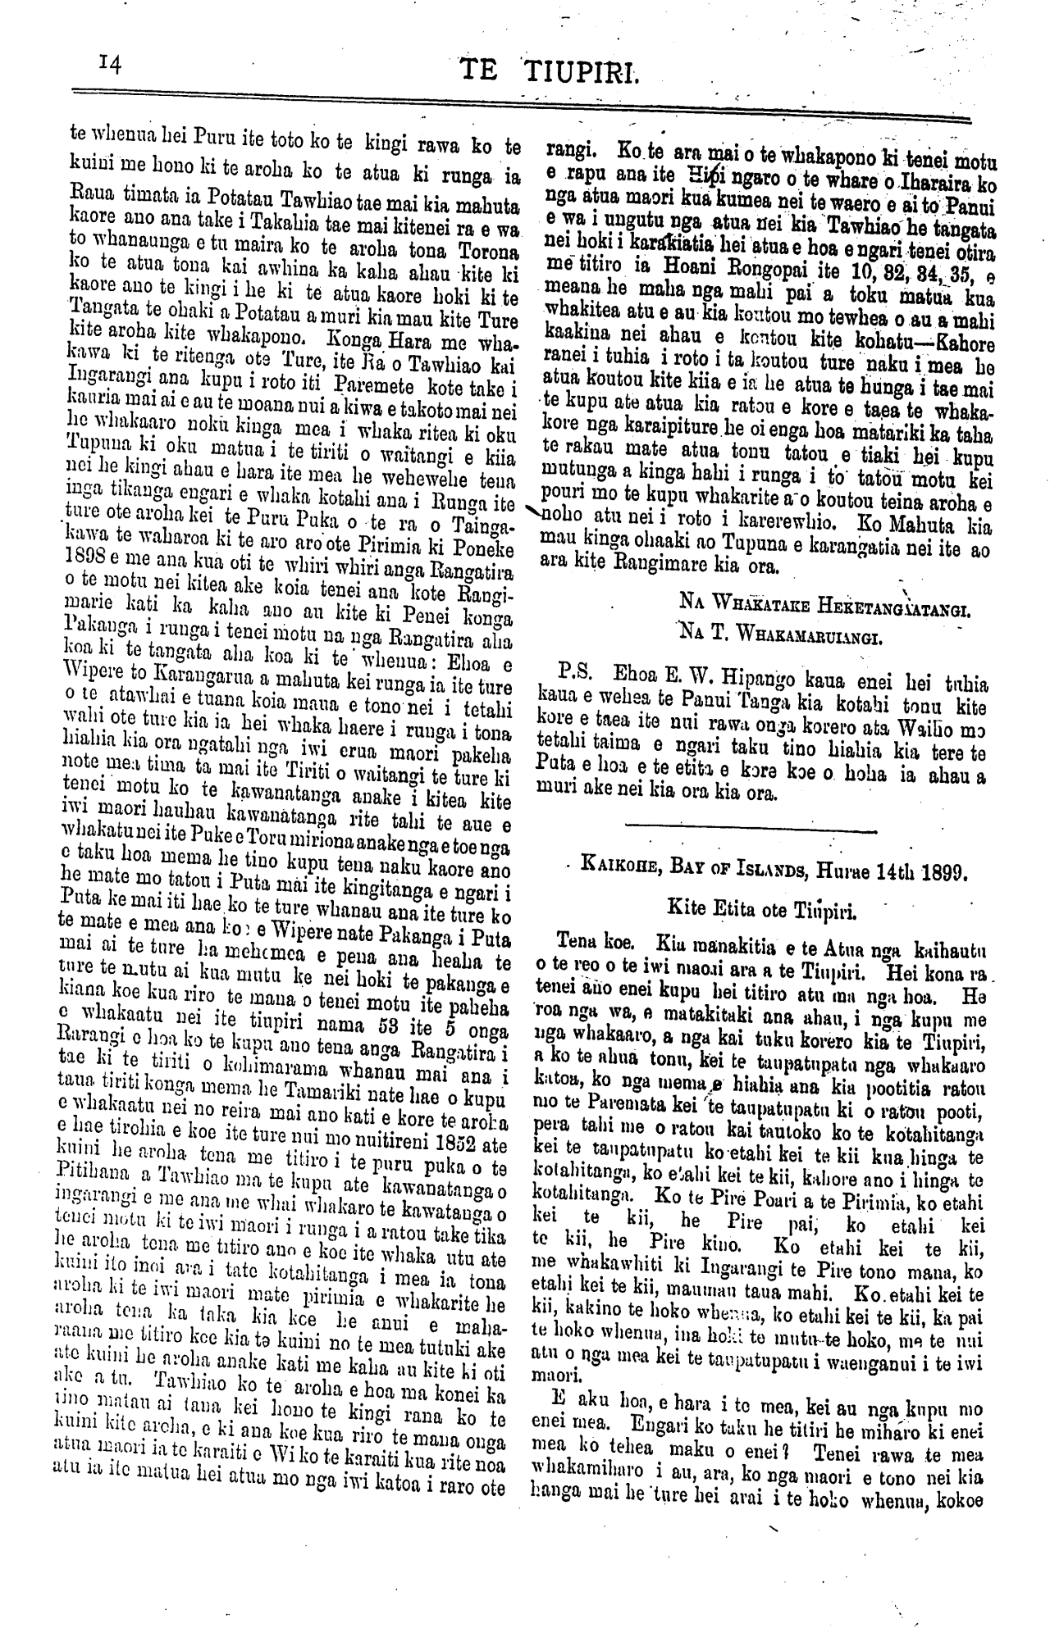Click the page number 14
coord(109,66)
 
